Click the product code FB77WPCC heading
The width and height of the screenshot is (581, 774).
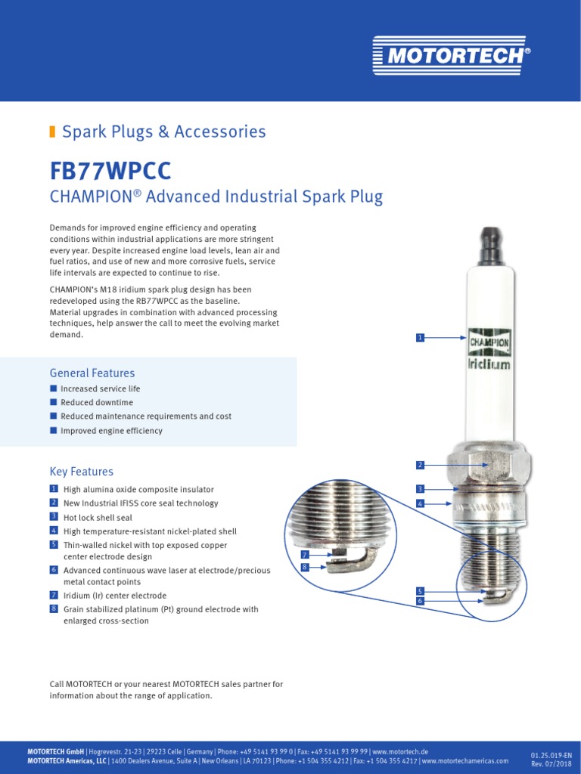[111, 169]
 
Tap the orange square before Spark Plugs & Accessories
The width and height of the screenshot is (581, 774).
[53, 132]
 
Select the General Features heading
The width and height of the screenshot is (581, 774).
[92, 373]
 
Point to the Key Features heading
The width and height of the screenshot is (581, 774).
[82, 472]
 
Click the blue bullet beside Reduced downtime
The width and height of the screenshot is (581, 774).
[54, 402]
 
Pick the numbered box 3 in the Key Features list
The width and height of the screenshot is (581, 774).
[54, 516]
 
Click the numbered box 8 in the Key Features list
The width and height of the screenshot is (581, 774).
[54, 608]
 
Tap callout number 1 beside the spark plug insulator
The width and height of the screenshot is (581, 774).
[420, 337]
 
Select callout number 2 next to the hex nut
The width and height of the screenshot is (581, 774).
[420, 464]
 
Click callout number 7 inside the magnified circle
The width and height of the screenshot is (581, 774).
[305, 555]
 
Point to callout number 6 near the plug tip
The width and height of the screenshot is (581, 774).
[420, 600]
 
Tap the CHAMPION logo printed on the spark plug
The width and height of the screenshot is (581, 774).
[489, 342]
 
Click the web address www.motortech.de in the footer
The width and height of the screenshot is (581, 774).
[400, 751]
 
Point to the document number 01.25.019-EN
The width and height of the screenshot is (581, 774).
[551, 754]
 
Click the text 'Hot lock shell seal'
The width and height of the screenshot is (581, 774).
[98, 518]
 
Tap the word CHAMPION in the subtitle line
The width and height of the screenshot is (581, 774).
[91, 197]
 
